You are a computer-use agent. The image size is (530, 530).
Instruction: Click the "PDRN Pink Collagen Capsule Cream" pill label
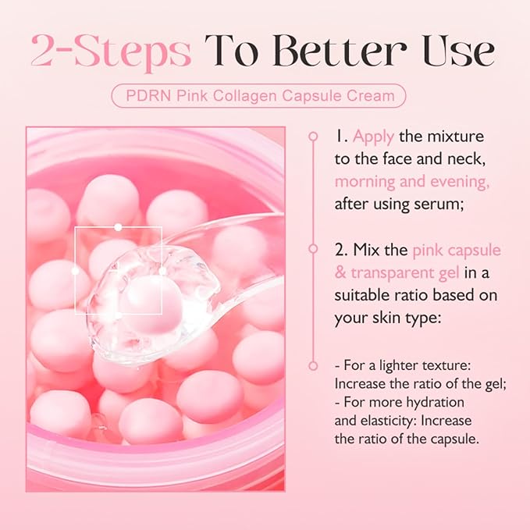point(258,96)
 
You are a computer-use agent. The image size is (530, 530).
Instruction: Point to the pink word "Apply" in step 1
point(374,137)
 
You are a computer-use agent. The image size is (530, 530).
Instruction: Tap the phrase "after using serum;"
point(393,205)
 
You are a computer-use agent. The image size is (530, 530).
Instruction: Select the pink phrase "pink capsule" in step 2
point(457,251)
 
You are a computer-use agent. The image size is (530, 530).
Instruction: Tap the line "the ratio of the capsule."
point(407,438)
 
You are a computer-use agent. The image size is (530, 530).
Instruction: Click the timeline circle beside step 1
point(313,137)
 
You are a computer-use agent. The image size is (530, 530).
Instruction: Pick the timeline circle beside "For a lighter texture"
point(313,365)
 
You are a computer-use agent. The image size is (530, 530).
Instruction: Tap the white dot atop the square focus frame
point(118,227)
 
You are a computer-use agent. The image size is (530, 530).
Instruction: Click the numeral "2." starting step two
point(342,251)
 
